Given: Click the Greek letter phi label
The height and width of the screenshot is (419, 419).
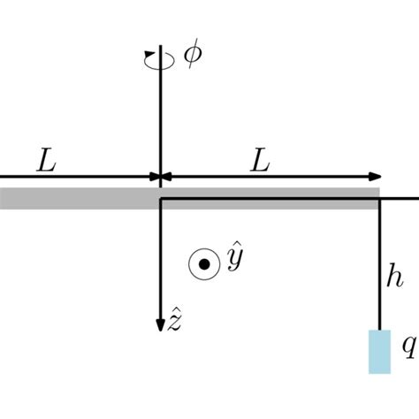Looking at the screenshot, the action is point(191,54).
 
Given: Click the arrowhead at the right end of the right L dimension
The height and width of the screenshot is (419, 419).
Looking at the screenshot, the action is point(378,177).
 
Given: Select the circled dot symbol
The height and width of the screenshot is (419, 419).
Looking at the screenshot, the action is point(203,263).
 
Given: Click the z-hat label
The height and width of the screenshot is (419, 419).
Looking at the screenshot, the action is point(177,323).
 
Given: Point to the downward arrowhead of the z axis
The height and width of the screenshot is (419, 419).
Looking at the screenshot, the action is point(160,324).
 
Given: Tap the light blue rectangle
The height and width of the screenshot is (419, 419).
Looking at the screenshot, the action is point(379,350).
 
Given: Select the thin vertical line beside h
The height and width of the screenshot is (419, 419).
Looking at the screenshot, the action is point(379,265).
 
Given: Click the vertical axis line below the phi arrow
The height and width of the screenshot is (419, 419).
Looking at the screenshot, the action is point(160,115).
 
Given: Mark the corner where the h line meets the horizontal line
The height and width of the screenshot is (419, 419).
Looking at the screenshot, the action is point(379,199).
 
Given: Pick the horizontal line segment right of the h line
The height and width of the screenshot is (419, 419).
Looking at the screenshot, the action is point(400,199).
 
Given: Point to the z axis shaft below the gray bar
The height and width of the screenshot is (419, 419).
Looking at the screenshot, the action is point(160,265).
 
